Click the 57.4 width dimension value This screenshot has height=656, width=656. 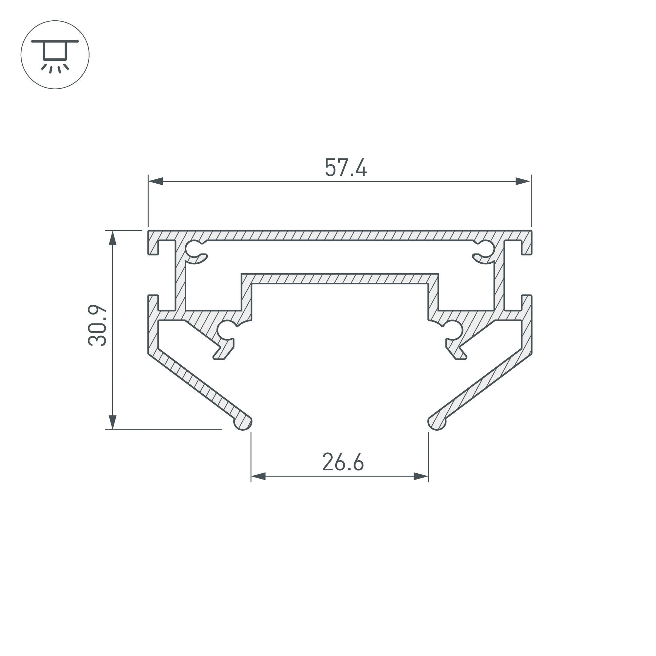[346, 167]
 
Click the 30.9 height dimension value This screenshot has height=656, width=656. [97, 326]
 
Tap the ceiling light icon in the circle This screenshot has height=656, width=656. [55, 55]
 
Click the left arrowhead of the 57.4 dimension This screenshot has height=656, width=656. [155, 181]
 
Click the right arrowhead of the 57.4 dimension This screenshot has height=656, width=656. [523, 181]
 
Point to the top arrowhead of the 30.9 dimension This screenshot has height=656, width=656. [113, 238]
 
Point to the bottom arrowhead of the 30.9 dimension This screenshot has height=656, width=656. [113, 422]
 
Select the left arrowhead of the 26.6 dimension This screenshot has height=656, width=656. [258, 476]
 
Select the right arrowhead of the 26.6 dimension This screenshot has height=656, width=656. [421, 476]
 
